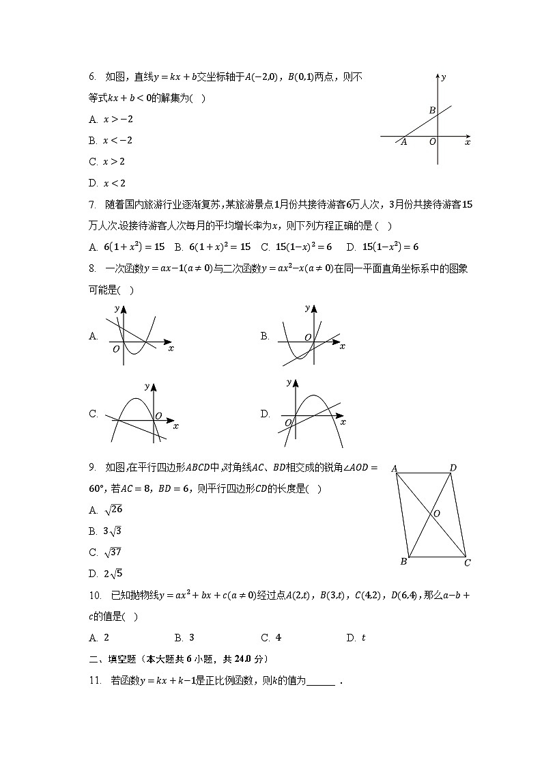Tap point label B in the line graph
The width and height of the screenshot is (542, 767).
pos(432,110)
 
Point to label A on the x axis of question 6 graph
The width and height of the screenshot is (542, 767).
pos(403,142)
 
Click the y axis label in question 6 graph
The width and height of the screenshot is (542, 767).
pos(444,76)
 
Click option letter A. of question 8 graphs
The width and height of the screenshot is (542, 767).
pos(94,336)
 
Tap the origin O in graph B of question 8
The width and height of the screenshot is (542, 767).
pos(308,337)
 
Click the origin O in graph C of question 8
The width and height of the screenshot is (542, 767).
pos(158,415)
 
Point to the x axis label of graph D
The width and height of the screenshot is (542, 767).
pos(343,422)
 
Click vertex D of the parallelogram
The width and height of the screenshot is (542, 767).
pos(453,468)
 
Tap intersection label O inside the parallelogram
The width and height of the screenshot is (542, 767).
pos(436,513)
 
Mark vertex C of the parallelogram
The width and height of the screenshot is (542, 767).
pos(467,563)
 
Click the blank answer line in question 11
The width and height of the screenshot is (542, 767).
pos(322,682)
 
